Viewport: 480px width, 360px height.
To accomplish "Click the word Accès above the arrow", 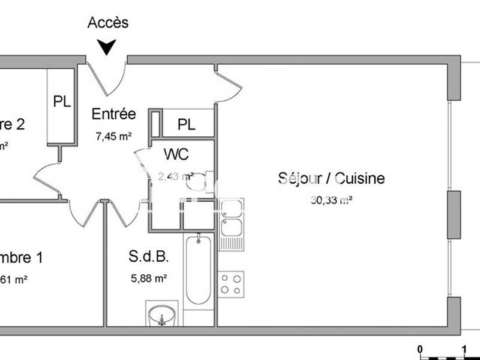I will click(108, 23).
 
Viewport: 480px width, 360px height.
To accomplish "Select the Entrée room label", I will click(113, 114).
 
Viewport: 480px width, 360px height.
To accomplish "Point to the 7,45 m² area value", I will click(113, 136).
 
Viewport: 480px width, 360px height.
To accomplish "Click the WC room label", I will click(176, 154).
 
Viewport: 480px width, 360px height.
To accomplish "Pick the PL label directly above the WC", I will click(186, 125).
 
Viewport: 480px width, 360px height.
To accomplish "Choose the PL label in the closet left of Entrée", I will click(62, 101).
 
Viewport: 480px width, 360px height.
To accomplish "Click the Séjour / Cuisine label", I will click(331, 178).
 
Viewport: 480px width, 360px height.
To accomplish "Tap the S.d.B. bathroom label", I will click(148, 257).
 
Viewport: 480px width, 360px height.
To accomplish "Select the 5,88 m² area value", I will click(148, 278).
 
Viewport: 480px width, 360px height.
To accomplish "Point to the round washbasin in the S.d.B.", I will click(162, 314).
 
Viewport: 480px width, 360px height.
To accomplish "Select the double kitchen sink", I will click(231, 219).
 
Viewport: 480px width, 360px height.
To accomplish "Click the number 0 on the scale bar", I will click(421, 349).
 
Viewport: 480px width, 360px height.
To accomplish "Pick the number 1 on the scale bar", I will click(464, 349).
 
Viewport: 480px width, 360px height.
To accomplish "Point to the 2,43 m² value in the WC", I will click(175, 176).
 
